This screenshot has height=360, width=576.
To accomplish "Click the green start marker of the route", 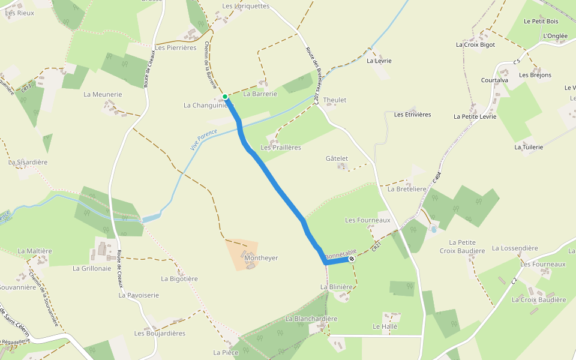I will click(x=225, y=97).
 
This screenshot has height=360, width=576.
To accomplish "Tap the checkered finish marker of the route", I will click(x=352, y=259).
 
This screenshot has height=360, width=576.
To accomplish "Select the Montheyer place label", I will click(x=245, y=258).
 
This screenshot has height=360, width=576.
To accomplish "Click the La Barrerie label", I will click(x=260, y=94).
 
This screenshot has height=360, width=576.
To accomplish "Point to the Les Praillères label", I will click(x=281, y=148).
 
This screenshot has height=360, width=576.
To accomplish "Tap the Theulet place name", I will click(x=335, y=100).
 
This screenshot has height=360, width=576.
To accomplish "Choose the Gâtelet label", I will click(x=337, y=158).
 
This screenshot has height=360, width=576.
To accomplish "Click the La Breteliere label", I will click(x=407, y=189).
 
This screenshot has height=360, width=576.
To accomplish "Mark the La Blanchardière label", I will click(x=311, y=319).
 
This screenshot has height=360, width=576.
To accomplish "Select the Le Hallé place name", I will click(x=385, y=327).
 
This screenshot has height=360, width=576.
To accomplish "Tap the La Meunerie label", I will click(x=103, y=95).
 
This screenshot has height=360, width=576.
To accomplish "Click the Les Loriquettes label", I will click(x=246, y=7).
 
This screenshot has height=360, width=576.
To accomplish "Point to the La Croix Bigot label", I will click(x=475, y=44).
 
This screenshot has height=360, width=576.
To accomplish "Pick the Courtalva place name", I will click(x=494, y=80).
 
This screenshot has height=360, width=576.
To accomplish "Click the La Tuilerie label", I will click(x=529, y=147).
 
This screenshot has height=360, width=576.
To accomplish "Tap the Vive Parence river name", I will click(x=204, y=140).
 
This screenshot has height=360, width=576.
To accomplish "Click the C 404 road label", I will click(x=436, y=178).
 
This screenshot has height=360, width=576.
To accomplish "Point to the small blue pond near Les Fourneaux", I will click(x=434, y=229).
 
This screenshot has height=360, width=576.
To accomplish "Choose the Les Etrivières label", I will click(x=412, y=115).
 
